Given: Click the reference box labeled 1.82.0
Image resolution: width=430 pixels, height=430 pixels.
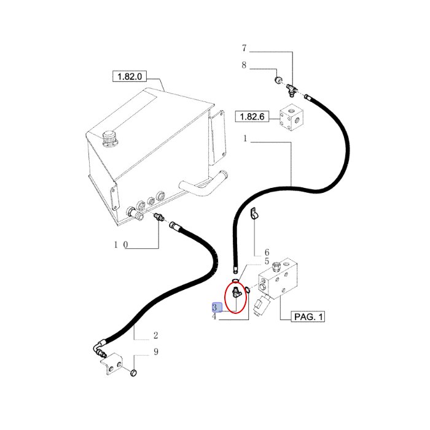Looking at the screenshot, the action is [x=130, y=76].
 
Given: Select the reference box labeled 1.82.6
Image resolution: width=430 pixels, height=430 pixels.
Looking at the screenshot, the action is [x=252, y=117].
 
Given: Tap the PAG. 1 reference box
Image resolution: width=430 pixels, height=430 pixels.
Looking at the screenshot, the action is [x=308, y=317].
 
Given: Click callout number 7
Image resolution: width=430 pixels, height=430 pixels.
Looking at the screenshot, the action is [x=244, y=49].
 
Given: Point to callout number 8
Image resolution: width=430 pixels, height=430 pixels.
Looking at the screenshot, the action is [x=244, y=65].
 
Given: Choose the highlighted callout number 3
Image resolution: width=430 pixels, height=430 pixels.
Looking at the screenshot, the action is [x=215, y=307].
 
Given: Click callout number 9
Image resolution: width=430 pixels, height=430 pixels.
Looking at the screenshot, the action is [x=156, y=351].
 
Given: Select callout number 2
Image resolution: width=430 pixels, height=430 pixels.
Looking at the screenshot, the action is [x=155, y=335].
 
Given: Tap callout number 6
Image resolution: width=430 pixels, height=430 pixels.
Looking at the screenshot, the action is [x=267, y=252].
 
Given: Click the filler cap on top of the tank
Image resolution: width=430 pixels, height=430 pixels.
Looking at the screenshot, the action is [x=109, y=139].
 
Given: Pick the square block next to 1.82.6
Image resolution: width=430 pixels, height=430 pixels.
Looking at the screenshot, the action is [x=292, y=118].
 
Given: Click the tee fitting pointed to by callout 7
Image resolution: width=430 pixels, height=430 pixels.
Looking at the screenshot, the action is [x=291, y=90].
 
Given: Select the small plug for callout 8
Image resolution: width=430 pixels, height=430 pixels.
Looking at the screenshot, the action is [x=279, y=80].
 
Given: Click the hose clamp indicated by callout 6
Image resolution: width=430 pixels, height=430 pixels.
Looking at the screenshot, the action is [x=254, y=213].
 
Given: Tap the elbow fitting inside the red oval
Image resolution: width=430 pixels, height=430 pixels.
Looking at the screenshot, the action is [x=237, y=292].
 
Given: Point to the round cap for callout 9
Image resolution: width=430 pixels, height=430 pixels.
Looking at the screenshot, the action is [x=133, y=373].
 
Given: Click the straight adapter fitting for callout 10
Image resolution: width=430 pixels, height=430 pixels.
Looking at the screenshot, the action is [x=159, y=217].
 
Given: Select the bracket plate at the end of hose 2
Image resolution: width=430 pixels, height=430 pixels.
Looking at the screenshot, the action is [x=112, y=364].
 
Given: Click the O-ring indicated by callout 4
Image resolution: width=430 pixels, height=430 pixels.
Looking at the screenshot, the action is [x=248, y=289].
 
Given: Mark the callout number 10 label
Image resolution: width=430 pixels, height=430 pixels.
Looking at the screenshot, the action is [x=121, y=244].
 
